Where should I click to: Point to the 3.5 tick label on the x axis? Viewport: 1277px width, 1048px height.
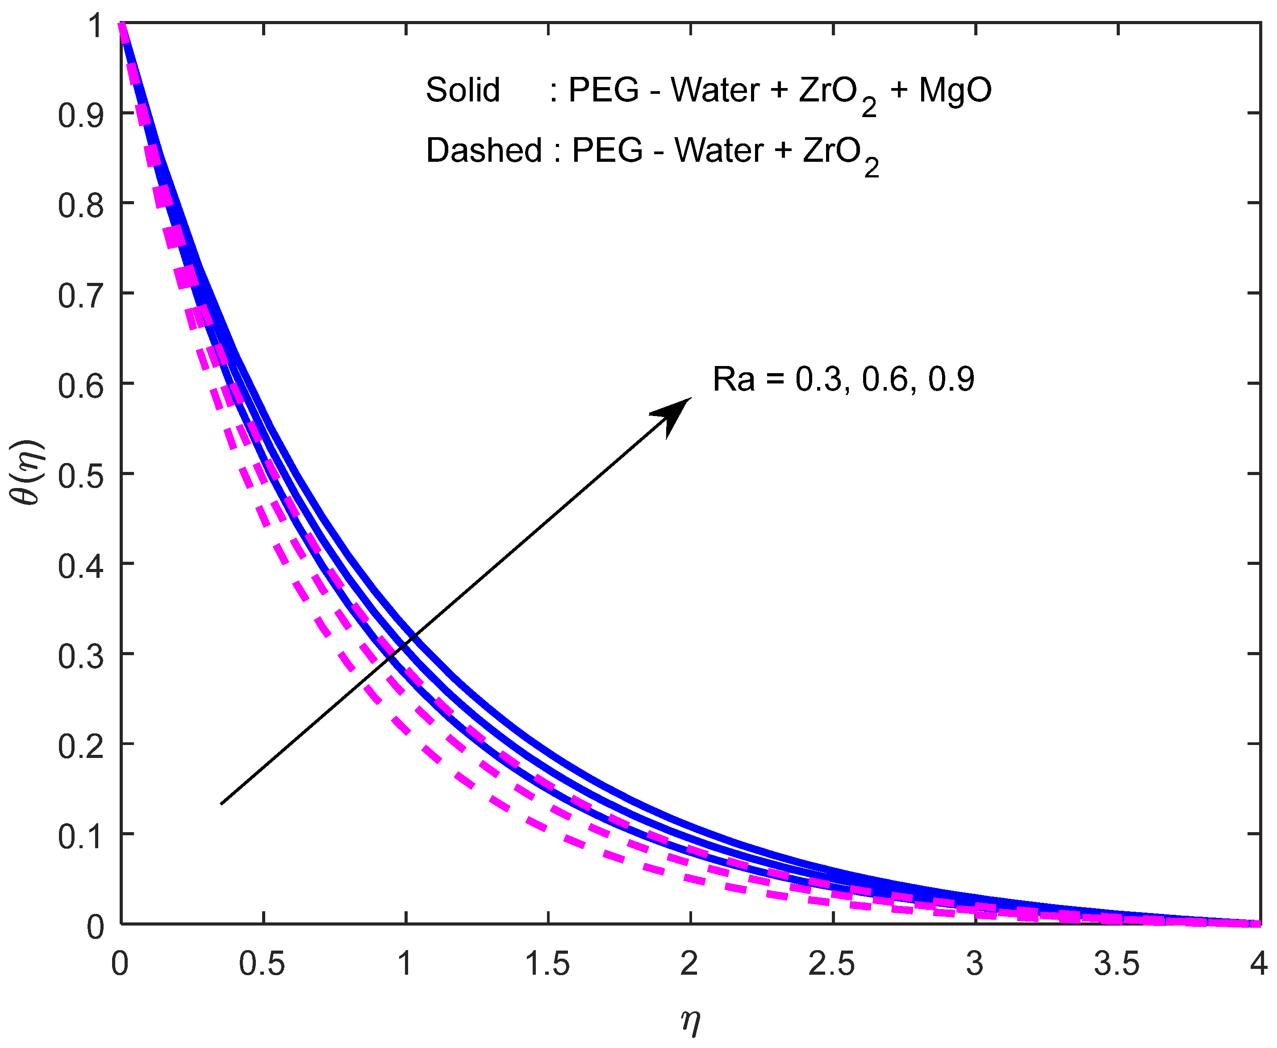click(x=1117, y=964)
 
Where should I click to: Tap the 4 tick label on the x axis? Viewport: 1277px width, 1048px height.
click(x=1258, y=964)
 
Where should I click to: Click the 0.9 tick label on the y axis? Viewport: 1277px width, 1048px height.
click(x=80, y=115)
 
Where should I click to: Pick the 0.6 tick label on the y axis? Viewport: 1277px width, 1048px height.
click(x=80, y=385)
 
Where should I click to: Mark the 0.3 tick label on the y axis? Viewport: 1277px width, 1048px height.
click(x=80, y=656)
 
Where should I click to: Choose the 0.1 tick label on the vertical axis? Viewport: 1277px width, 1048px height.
click(x=80, y=836)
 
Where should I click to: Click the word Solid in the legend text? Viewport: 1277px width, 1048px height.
click(x=463, y=91)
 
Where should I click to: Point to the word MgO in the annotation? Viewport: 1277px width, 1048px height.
click(x=955, y=91)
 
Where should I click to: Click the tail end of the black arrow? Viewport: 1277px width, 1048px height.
click(x=222, y=804)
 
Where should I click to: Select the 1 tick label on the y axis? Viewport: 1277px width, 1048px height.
click(x=95, y=26)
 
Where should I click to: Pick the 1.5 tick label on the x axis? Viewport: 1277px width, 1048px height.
click(x=547, y=964)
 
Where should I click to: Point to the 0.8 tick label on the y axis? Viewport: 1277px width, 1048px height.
click(x=80, y=205)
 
